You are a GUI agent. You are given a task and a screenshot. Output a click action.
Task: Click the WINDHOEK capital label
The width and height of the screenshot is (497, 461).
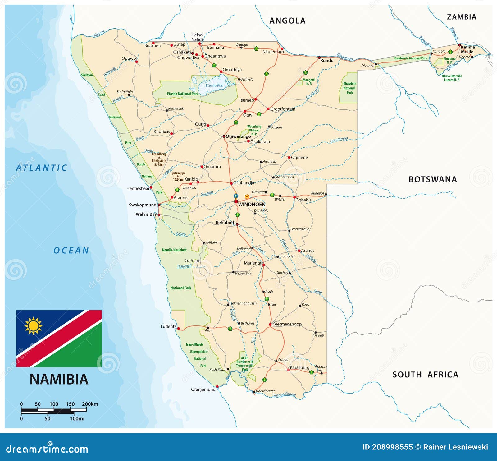[x=251, y=205]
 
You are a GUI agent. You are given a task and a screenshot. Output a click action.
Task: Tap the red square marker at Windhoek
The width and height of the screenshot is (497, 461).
[x=236, y=201]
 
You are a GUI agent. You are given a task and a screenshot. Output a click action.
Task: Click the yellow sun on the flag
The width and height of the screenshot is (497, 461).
[x=33, y=326]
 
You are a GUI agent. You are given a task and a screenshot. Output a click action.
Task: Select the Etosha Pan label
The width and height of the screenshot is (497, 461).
[x=214, y=85]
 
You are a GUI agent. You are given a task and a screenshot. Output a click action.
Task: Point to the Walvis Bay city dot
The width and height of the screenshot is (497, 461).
[x=159, y=215]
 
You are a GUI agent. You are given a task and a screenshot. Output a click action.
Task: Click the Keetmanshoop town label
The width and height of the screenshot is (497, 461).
[x=287, y=324]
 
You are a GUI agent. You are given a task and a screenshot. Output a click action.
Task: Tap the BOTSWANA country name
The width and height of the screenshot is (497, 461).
[x=432, y=179]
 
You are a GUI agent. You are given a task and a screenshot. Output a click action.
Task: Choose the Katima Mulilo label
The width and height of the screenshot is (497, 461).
[x=467, y=49]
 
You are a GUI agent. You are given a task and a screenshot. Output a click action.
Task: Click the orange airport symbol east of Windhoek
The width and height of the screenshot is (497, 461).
[x=247, y=196]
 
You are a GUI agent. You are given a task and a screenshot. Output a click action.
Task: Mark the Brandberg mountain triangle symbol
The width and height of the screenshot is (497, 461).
[x=159, y=157]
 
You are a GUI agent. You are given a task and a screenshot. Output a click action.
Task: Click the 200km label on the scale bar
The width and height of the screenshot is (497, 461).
[x=90, y=404]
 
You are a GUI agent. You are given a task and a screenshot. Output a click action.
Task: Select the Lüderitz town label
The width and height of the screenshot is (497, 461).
[x=168, y=326]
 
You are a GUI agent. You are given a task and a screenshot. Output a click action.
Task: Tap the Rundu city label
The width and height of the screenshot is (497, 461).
[x=327, y=61]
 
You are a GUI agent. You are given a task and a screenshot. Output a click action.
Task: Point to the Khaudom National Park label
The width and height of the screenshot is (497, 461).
[x=349, y=88]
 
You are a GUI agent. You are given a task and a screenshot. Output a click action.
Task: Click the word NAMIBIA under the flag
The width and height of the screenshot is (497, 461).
[x=59, y=380]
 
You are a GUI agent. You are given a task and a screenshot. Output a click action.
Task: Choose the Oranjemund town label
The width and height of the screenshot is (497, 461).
[x=203, y=389]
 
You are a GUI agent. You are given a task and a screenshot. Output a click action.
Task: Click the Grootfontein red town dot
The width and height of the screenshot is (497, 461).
[x=268, y=109]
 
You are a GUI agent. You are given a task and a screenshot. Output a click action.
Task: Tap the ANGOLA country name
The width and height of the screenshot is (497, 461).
[x=287, y=21]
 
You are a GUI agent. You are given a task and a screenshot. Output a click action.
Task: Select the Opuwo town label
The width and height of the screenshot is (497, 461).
[x=129, y=58]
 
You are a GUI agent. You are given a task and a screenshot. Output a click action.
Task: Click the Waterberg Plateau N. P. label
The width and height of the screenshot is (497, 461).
[x=254, y=130]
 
